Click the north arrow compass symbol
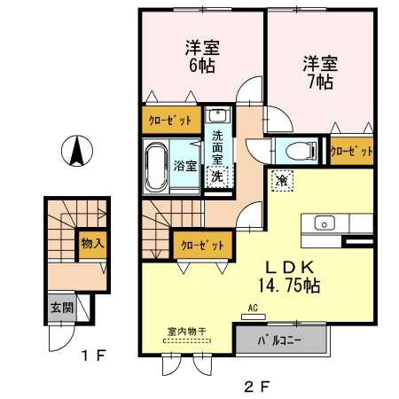coord(77,151)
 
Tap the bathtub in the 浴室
coord(156,167)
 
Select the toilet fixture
coord(301,151)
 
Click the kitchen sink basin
coord(325,223)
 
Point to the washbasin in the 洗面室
coord(217,115)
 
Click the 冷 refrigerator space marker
coord(282,181)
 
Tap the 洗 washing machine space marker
coord(217,176)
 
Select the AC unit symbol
coord(254,317)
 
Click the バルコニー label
coord(279,340)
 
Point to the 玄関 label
coord(62,308)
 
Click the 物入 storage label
coord(92,243)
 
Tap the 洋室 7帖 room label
coord(320,73)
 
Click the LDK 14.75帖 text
coord(289,277)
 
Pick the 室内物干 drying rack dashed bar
coord(187,340)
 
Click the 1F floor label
coord(93,356)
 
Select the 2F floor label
coord(257,387)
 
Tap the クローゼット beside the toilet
coord(351,151)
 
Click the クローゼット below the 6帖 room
coord(171,120)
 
